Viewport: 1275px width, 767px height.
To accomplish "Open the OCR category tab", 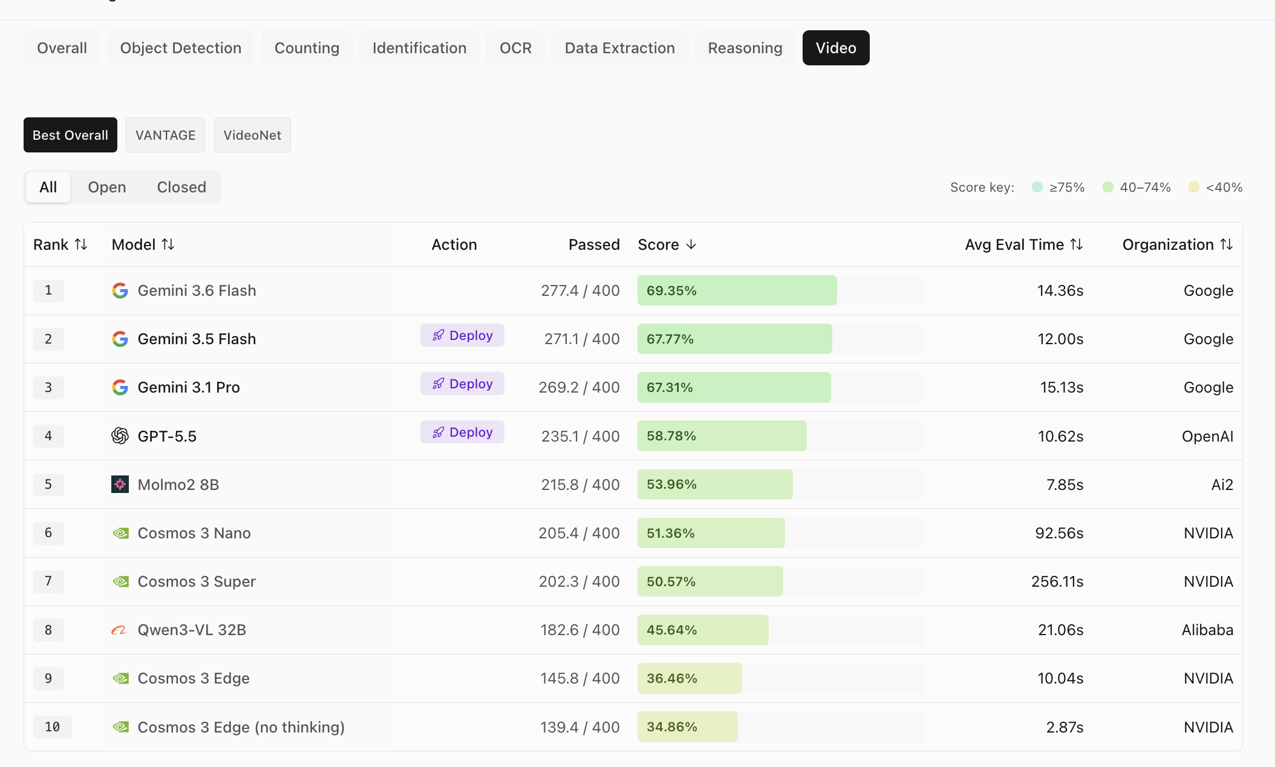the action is click(515, 48).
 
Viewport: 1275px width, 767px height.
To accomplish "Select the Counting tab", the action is click(307, 48).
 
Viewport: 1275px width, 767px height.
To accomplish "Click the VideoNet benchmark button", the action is click(252, 135).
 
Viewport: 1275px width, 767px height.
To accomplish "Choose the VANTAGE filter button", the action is click(165, 135).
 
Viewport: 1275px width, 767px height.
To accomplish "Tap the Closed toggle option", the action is click(181, 187).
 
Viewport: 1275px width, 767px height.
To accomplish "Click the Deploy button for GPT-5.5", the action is click(462, 432).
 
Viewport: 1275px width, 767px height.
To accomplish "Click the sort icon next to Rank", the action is click(81, 244).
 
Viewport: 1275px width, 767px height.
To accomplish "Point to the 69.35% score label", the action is click(671, 290).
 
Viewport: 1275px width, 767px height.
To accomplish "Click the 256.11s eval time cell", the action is click(1057, 581).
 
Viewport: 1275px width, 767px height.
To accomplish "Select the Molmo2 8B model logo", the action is click(120, 484).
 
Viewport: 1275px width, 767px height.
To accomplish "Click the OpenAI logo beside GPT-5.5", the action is click(120, 436).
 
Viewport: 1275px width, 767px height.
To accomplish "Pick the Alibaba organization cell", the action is click(1207, 630).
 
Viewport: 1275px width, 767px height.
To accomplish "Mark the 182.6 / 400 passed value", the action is click(580, 630).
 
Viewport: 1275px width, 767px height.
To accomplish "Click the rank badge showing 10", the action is click(53, 726).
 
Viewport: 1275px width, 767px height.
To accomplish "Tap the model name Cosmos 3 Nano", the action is click(194, 533).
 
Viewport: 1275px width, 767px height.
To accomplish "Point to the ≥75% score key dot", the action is click(1037, 187).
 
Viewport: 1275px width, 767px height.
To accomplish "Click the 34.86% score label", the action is click(672, 726).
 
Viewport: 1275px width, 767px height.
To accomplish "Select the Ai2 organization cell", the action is click(1222, 485).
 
